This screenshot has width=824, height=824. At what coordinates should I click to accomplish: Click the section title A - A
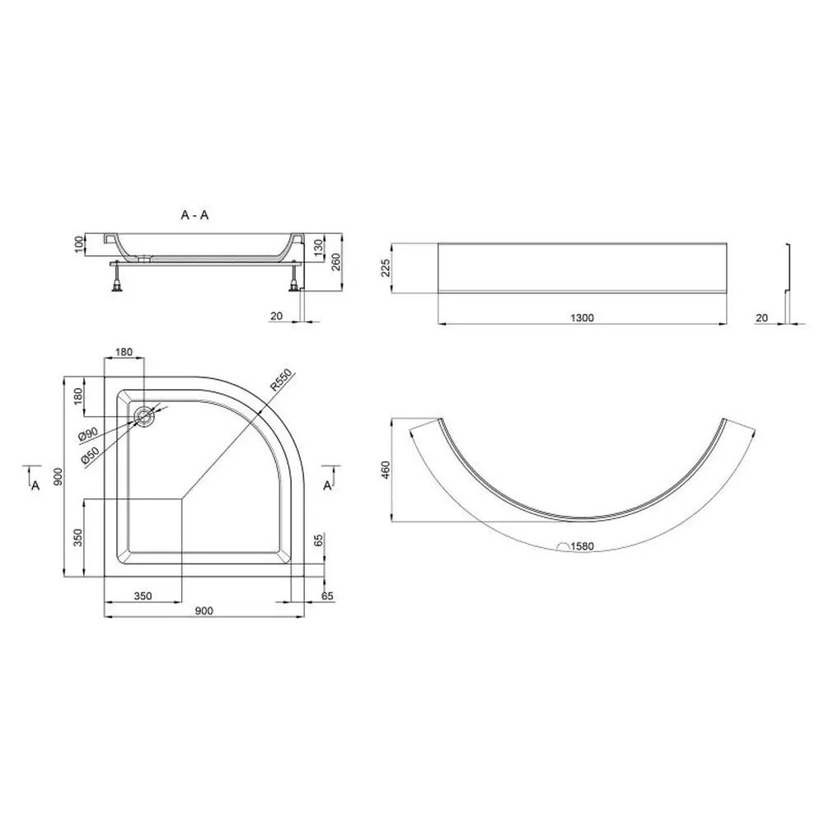pos(194,215)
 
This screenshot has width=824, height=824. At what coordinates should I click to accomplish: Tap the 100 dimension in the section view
pos(79,245)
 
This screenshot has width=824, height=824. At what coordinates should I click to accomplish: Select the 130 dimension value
pos(318,246)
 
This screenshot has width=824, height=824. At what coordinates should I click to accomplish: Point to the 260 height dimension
pos(336,262)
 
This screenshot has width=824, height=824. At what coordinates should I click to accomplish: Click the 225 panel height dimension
pos(386,268)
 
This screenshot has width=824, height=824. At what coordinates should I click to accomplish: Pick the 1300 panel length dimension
pos(583,317)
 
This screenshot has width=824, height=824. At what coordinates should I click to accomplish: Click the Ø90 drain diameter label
pos(88,434)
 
